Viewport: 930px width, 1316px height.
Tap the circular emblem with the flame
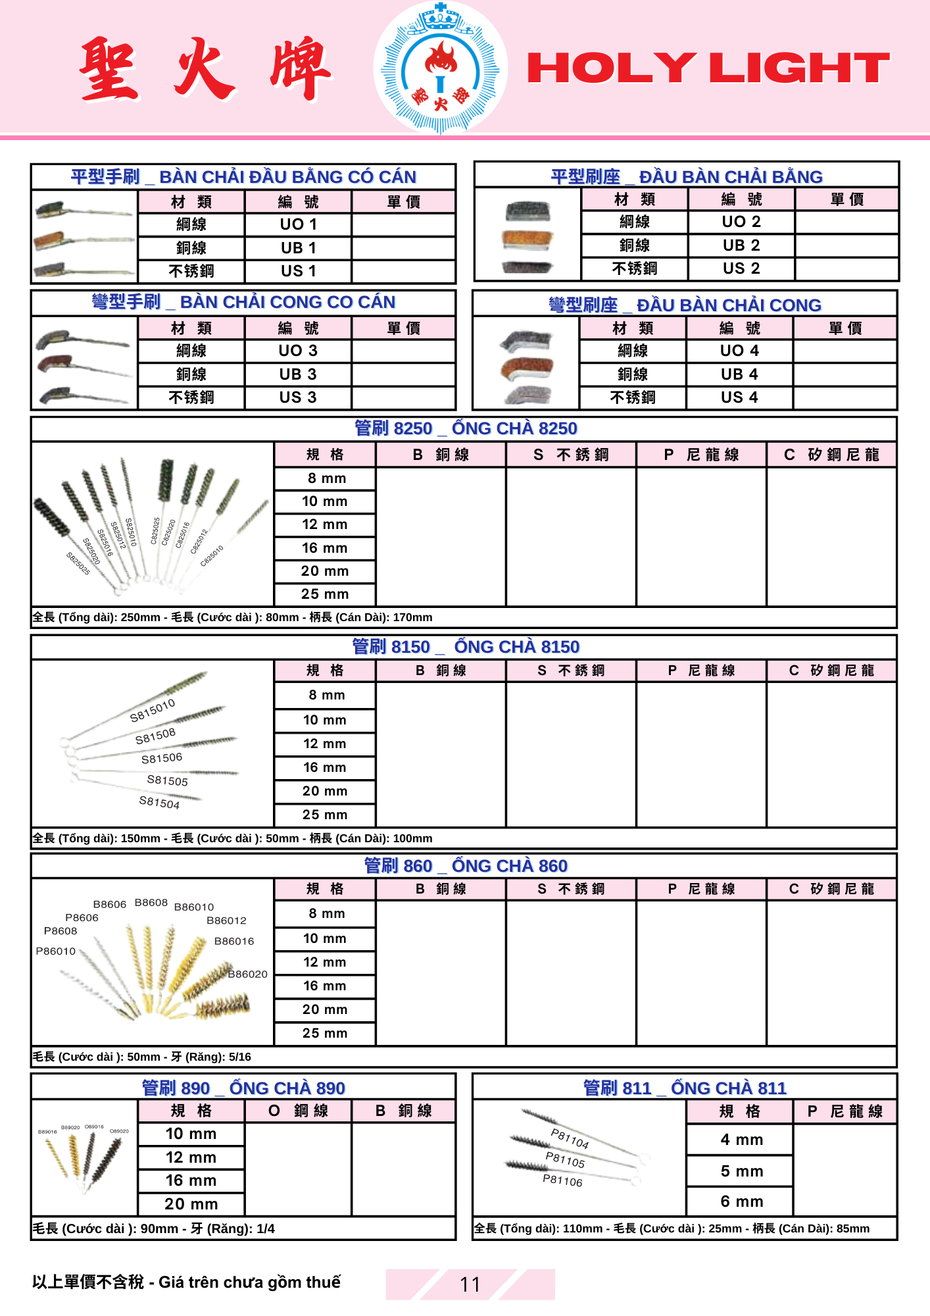point(440,68)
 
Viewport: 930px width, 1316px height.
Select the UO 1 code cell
point(298,224)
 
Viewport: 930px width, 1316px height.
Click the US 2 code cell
point(741,268)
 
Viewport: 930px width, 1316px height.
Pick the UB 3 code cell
point(298,374)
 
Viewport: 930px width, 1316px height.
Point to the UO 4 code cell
point(739,351)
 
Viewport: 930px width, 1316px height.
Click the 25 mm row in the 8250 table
point(324,594)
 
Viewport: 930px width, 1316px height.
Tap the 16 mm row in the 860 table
point(324,986)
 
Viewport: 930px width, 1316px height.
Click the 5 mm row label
point(741,1171)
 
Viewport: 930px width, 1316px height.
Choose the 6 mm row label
point(741,1202)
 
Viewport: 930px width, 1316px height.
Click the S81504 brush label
point(159,802)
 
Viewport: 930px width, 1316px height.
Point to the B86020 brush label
point(247,974)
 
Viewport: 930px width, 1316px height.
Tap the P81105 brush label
point(565,1160)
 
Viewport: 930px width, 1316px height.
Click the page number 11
point(470,1284)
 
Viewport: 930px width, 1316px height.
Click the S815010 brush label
point(153,710)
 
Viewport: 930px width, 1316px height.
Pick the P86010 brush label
point(56,951)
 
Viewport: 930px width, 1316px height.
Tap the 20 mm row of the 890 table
point(191,1204)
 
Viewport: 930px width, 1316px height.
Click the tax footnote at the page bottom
point(187,1282)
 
